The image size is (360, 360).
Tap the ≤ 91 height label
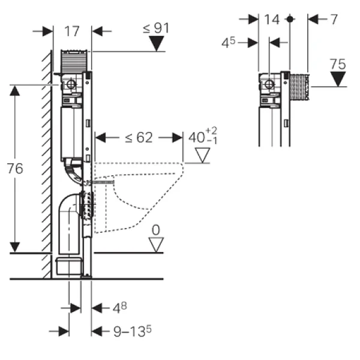tap(155, 28)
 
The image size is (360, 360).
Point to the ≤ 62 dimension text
tap(139, 138)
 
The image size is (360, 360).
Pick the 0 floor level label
tap(157, 230)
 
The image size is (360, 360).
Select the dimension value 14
tap(272, 20)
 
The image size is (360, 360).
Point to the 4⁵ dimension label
tap(244, 43)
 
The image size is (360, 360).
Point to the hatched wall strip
tap(46, 162)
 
